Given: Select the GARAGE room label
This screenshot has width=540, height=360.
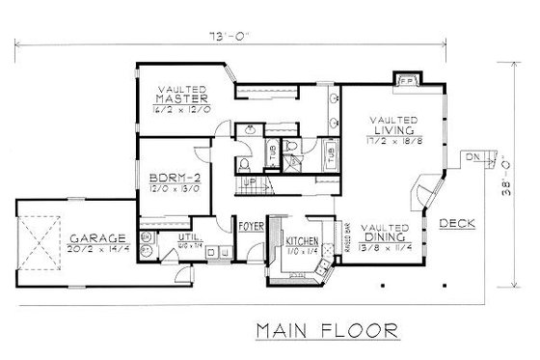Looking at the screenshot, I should coord(93,236).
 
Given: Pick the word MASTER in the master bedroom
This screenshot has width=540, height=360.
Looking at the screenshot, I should coord(183,97).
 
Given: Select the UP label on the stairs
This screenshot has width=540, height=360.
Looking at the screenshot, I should coord(249,182).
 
